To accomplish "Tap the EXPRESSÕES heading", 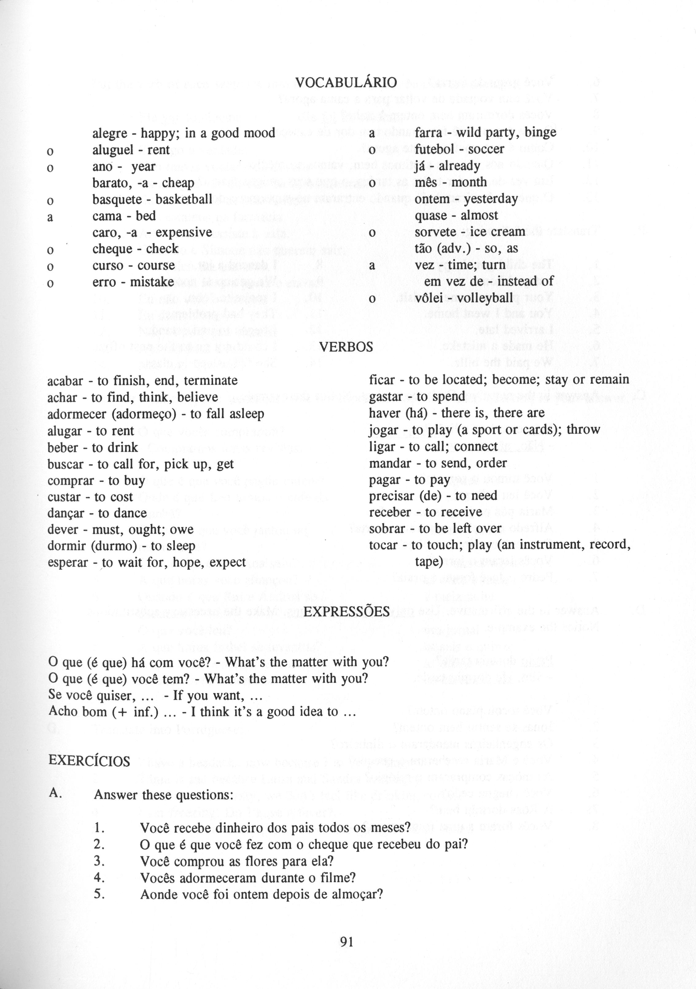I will pos(346,611).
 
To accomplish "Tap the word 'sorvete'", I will pos(434,232).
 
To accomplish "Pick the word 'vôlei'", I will pos(430,298).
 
